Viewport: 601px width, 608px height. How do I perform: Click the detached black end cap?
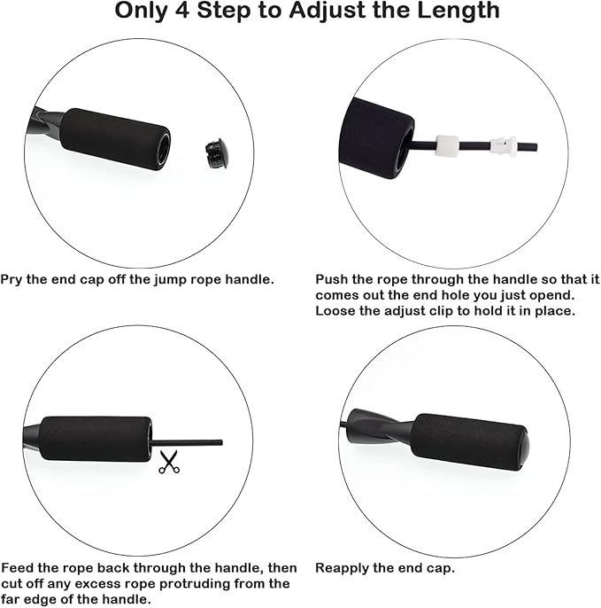(214, 153)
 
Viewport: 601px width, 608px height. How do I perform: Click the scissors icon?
(168, 462)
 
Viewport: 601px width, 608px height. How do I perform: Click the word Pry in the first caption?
(12, 278)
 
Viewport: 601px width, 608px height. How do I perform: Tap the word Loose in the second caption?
(335, 310)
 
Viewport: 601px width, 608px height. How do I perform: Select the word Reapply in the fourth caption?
(342, 567)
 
